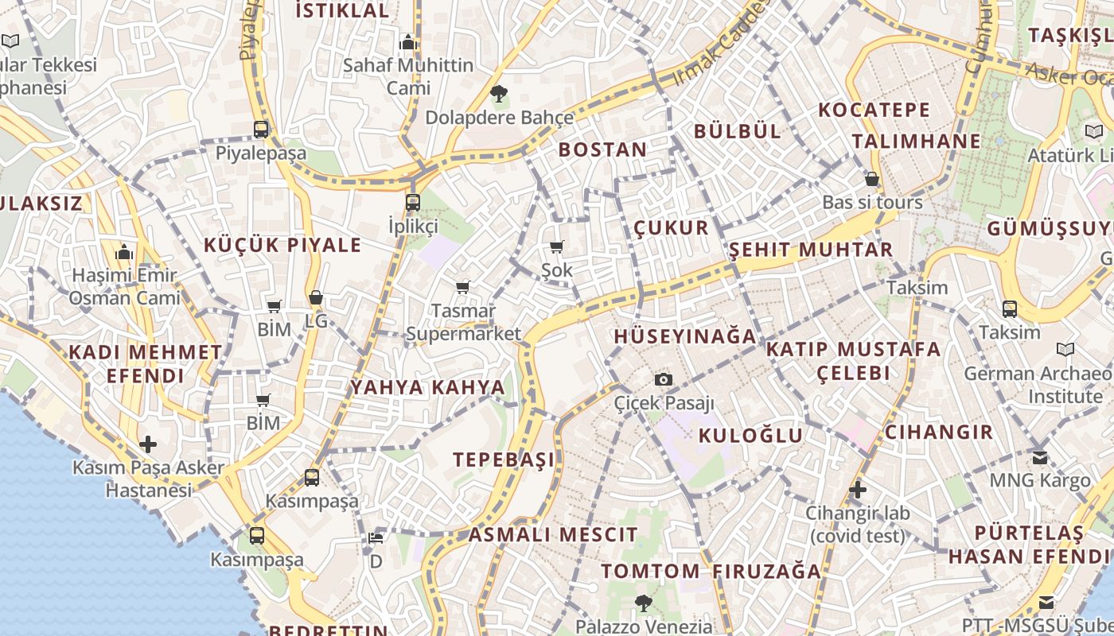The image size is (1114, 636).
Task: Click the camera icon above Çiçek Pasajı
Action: click(663, 379)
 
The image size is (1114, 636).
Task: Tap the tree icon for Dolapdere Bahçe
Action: click(499, 94)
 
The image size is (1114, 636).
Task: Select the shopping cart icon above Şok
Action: click(557, 247)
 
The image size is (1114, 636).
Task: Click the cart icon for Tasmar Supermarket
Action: click(463, 287)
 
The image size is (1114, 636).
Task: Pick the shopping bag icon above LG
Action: click(316, 297)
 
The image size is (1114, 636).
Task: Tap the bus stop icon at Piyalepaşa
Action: click(261, 129)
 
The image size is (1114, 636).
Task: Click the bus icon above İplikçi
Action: click(412, 202)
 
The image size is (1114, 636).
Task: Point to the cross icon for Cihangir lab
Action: click(857, 490)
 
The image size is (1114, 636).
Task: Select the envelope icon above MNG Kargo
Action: click(1040, 457)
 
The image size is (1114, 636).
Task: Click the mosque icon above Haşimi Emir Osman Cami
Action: click(123, 253)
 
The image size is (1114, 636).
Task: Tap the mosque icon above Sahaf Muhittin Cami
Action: click(408, 42)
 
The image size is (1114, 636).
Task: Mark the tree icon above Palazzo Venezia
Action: click(644, 603)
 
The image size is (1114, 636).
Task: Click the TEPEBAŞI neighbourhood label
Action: click(504, 460)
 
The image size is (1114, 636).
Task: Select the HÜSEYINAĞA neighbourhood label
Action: click(685, 336)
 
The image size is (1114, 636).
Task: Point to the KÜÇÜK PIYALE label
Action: click(282, 245)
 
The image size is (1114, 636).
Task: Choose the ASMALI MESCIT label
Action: click(553, 534)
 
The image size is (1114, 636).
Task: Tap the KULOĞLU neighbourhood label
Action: click(751, 435)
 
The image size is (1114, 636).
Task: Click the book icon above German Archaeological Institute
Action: click(1065, 349)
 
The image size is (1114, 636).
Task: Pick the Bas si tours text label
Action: click(872, 202)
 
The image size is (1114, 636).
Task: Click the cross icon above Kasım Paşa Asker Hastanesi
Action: click(148, 444)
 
